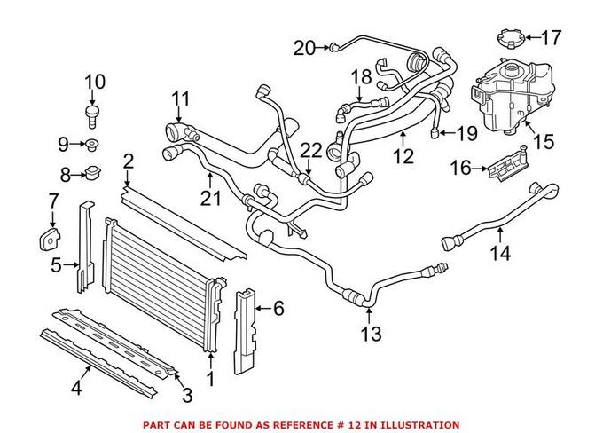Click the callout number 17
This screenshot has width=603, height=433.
[x=552, y=37]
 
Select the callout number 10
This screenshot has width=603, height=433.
[x=95, y=82]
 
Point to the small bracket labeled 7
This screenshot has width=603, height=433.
[x=51, y=239]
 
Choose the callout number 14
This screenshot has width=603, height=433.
[x=500, y=253]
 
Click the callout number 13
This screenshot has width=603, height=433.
[x=371, y=334]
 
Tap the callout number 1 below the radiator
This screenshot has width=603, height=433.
[x=210, y=379]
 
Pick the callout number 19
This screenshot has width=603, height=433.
[x=466, y=133]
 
